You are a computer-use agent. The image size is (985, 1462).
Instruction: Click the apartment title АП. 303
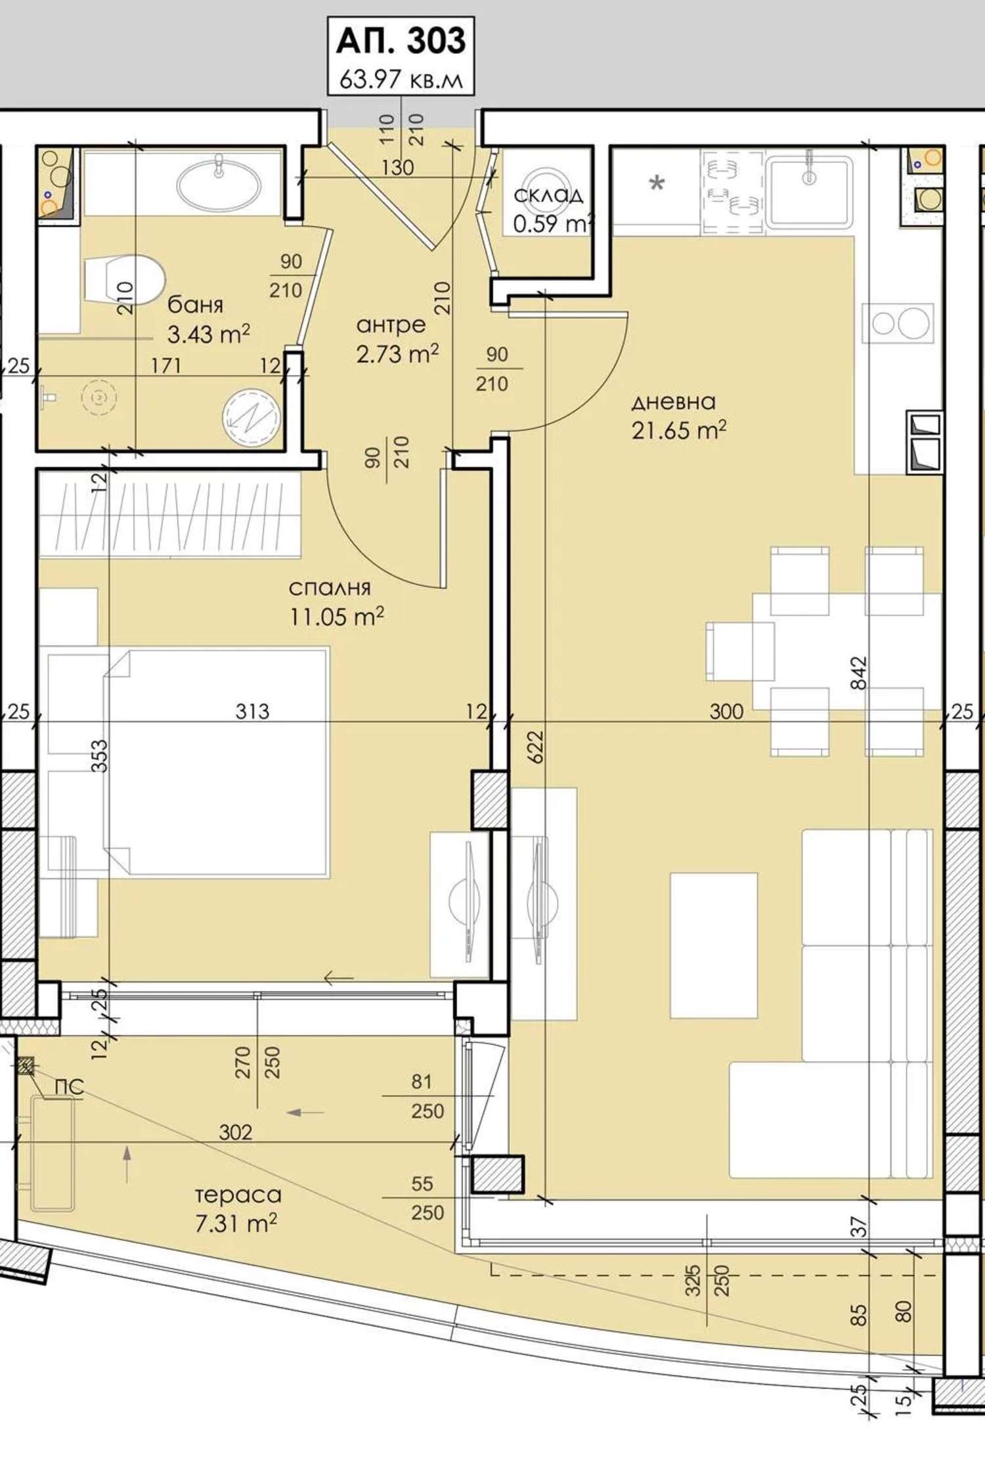click(x=401, y=41)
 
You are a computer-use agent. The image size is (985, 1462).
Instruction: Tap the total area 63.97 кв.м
click(x=401, y=79)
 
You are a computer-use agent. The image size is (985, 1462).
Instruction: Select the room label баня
click(x=195, y=305)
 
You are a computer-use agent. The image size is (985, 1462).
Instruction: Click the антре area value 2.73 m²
click(x=397, y=354)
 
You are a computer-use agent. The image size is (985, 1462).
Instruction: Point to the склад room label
click(x=548, y=195)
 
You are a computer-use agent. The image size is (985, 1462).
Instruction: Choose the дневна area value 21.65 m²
click(x=679, y=430)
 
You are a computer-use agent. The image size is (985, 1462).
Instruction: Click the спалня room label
click(x=330, y=588)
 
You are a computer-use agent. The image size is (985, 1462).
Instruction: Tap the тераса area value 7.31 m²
click(x=236, y=1224)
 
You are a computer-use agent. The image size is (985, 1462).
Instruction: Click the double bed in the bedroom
click(x=216, y=762)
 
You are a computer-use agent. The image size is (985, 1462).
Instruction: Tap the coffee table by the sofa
click(x=714, y=945)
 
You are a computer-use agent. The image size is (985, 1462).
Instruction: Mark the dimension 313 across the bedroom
click(x=252, y=711)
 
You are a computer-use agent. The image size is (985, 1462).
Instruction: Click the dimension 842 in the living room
click(x=858, y=673)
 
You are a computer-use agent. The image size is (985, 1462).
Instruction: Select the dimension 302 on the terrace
click(x=235, y=1132)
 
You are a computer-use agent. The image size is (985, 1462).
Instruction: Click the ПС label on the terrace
click(x=69, y=1087)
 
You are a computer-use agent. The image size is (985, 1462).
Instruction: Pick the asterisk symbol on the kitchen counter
click(x=656, y=183)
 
